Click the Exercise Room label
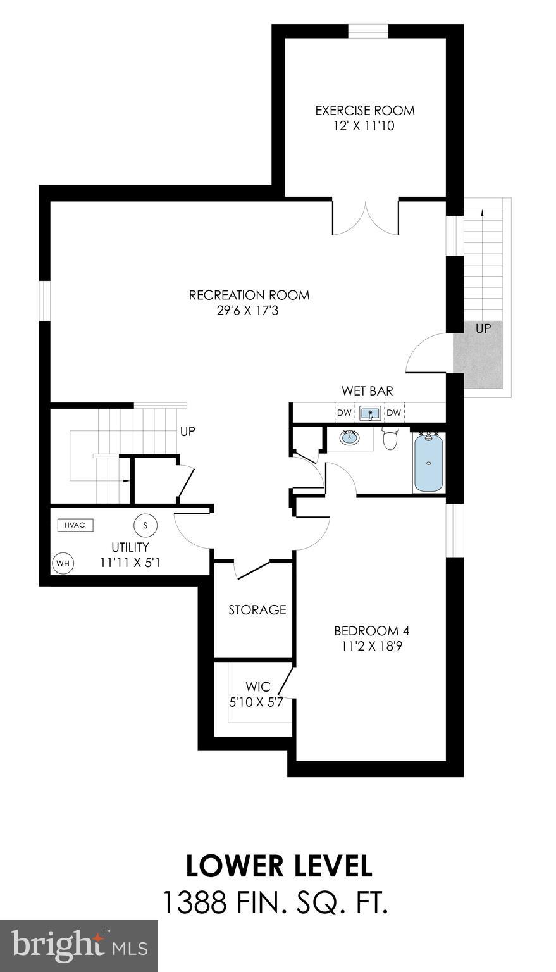tap(365, 111)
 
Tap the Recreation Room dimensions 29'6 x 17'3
tap(249, 311)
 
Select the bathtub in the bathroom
tap(429, 462)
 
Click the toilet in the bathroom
tap(390, 438)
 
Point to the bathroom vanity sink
tap(349, 437)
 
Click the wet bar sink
tap(369, 414)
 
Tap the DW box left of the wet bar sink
tap(343, 413)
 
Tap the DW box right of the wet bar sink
tap(394, 413)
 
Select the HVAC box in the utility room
tap(75, 525)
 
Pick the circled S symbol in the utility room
tap(145, 525)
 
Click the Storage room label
tap(257, 610)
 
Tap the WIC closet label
tap(258, 687)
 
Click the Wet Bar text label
tap(367, 391)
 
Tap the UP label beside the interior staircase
tap(187, 432)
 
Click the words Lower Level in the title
tap(278, 866)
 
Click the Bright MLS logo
tap(79, 945)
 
